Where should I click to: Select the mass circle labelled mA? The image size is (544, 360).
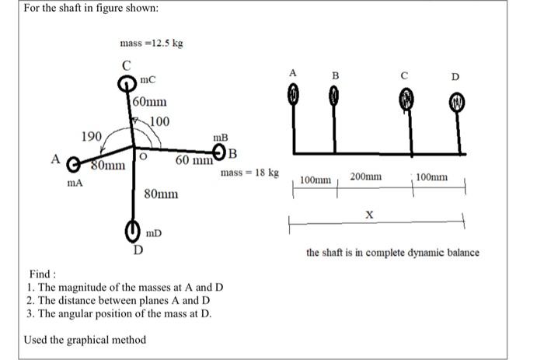(x=73, y=165)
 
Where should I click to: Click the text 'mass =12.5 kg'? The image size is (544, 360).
(x=152, y=44)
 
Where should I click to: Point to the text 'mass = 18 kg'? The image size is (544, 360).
(x=249, y=172)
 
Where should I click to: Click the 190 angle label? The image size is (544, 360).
(x=92, y=137)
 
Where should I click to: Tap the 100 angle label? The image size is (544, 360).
(x=159, y=121)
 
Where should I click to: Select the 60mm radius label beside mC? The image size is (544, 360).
(x=149, y=102)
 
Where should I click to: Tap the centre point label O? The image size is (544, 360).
(x=144, y=156)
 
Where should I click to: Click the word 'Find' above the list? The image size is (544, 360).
(x=40, y=274)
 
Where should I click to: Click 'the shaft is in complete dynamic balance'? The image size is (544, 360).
(x=392, y=253)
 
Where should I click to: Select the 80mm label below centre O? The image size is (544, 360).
(x=161, y=193)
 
